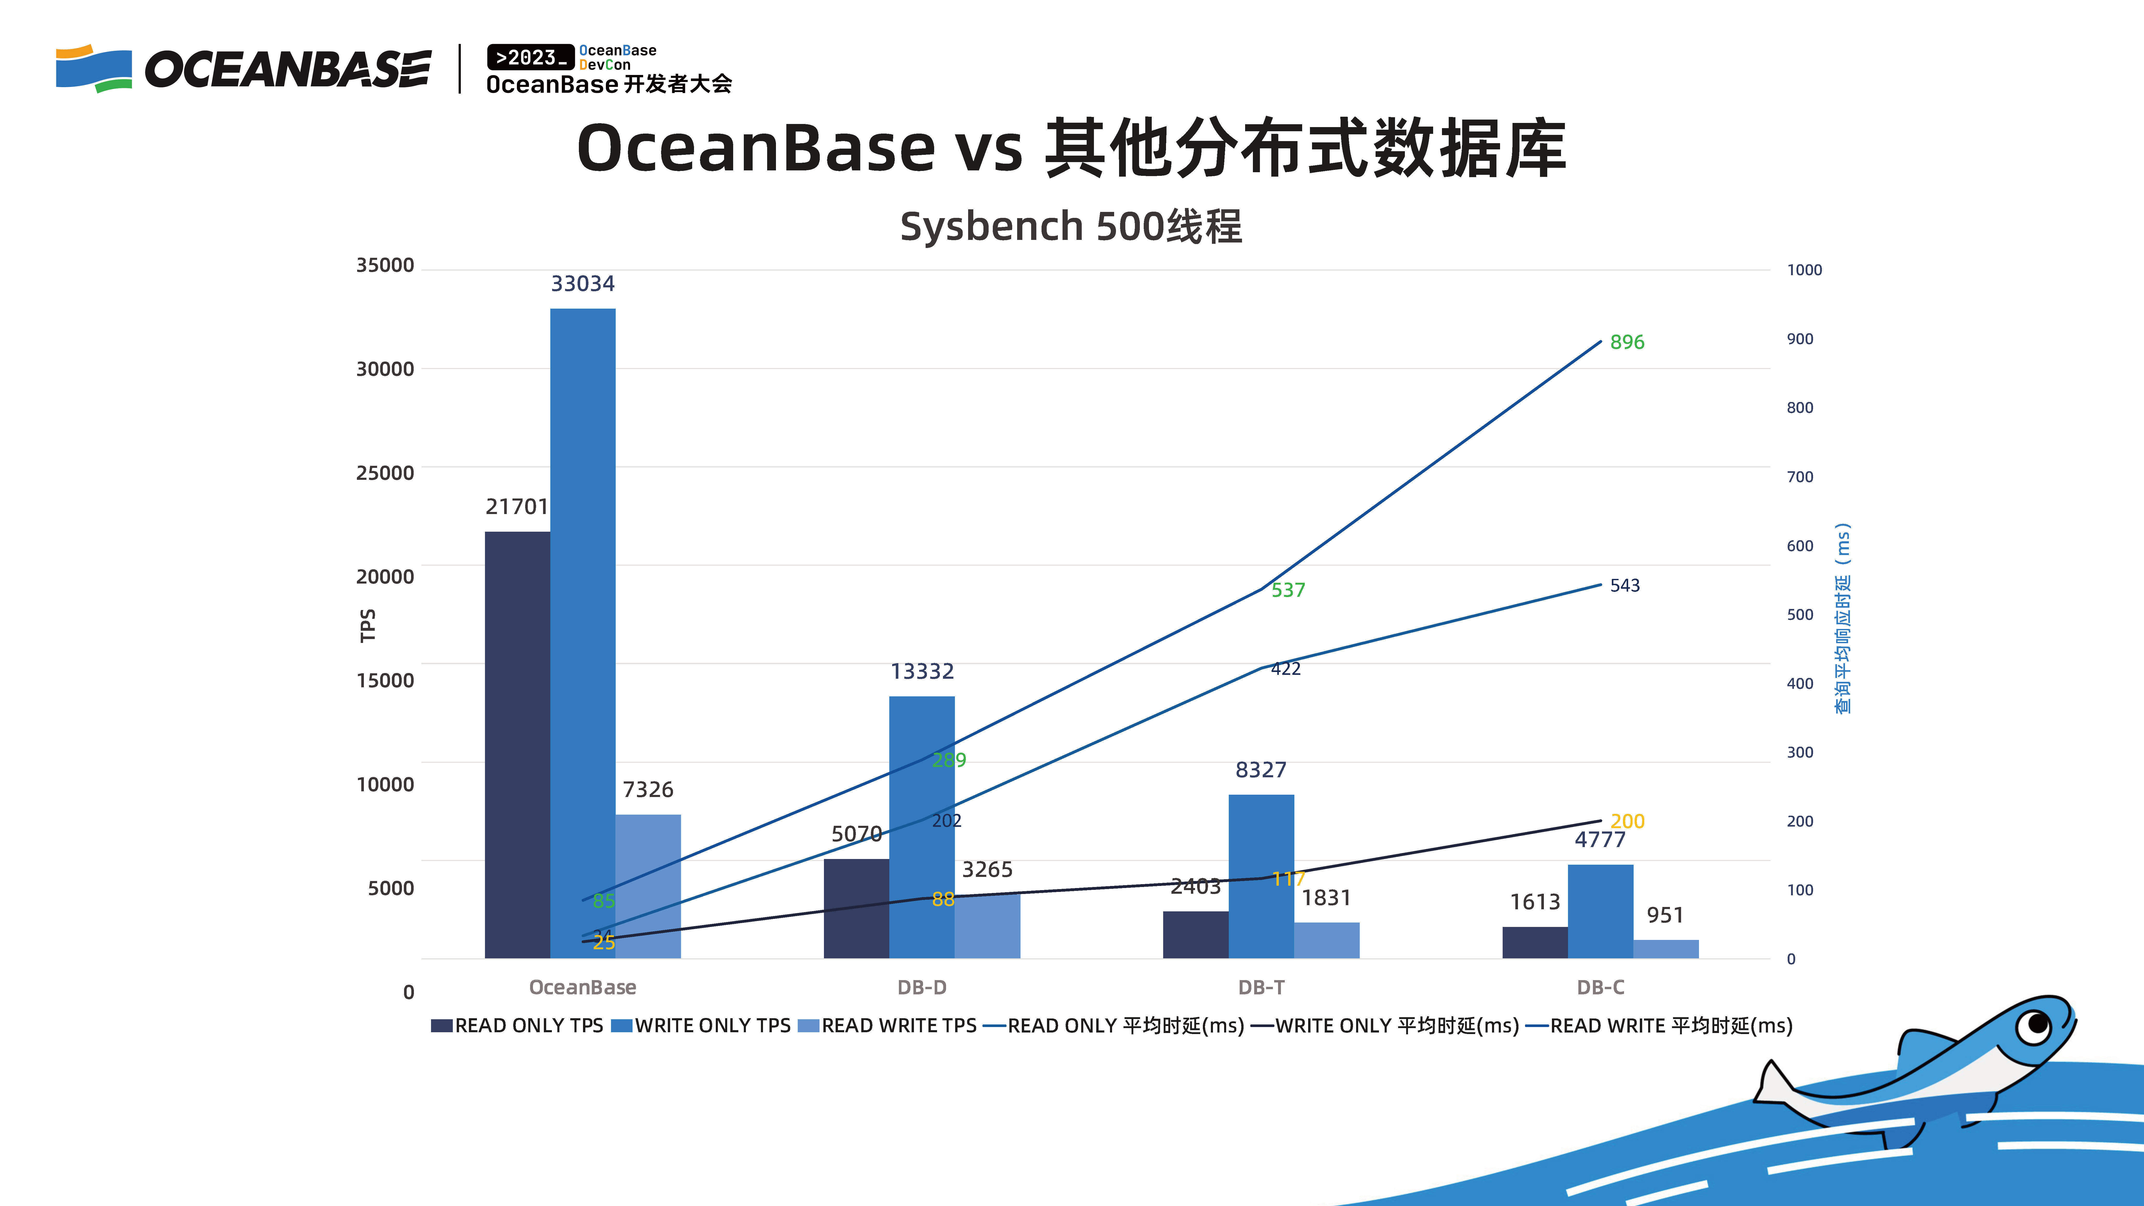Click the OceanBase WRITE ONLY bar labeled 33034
582,633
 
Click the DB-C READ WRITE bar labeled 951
1666,949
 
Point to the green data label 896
1627,342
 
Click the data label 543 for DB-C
1625,585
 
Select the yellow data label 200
1627,821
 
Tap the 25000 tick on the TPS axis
385,473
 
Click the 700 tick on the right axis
1799,477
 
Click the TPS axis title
367,626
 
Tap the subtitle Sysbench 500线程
1071,226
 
